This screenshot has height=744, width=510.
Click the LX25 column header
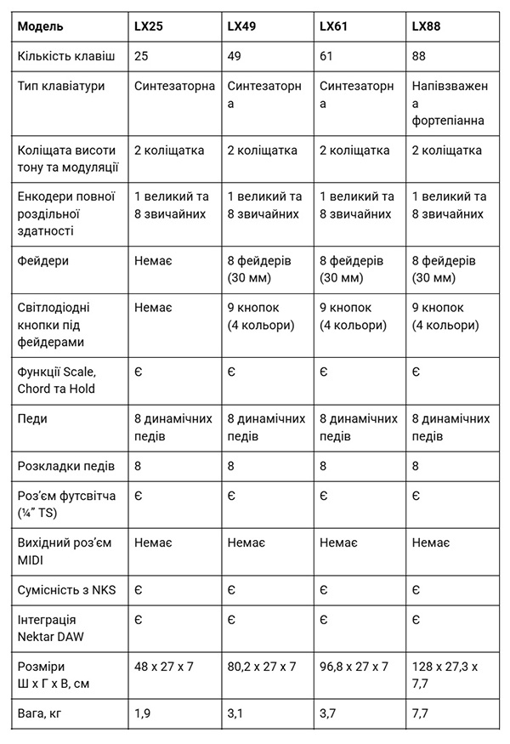[149, 26]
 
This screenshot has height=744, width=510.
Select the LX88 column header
[426, 26]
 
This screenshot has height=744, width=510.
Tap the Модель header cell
[41, 26]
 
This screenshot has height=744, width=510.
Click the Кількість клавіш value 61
[326, 55]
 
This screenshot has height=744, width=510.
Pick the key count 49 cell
[234, 55]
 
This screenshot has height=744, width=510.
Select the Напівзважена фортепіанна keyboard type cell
[449, 103]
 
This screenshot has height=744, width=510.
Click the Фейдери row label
[42, 260]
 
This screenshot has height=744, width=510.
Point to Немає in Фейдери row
[153, 260]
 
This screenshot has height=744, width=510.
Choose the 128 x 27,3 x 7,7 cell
[449, 674]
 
